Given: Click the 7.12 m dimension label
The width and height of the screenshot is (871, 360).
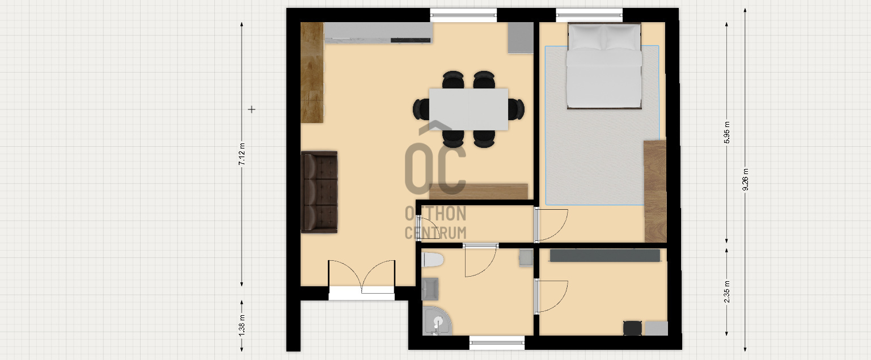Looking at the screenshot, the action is (x=242, y=154).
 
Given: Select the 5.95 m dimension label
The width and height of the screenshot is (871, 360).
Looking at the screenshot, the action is (x=727, y=133).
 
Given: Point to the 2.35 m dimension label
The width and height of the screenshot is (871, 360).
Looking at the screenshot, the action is (x=727, y=291).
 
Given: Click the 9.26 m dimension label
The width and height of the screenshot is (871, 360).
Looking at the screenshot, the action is (x=745, y=180).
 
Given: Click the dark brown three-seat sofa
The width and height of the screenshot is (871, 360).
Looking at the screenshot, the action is (x=319, y=192).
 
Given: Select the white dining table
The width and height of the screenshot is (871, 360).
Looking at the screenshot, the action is (x=468, y=109).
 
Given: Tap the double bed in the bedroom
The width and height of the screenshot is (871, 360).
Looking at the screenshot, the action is (x=604, y=65).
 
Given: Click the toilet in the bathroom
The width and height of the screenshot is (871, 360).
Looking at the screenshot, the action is (x=433, y=260).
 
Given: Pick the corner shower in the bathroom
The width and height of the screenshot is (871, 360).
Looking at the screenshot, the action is (x=437, y=321).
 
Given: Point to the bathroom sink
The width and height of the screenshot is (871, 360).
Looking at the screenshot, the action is (x=430, y=289).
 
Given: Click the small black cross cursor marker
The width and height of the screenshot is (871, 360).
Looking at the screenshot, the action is (x=252, y=109).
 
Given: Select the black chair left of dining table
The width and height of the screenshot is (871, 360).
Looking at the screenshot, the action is (x=421, y=109).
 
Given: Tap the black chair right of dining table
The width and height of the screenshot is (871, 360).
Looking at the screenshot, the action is (x=517, y=109).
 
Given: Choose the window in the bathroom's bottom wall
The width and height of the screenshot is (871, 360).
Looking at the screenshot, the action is (x=497, y=342).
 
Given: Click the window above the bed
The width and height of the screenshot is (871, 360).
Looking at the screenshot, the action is (x=589, y=15).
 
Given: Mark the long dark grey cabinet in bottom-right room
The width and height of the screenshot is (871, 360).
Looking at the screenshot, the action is (x=604, y=256).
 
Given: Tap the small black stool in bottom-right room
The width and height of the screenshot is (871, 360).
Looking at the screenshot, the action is (x=632, y=328).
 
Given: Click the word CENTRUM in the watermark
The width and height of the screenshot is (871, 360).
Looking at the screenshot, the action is (x=435, y=233).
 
